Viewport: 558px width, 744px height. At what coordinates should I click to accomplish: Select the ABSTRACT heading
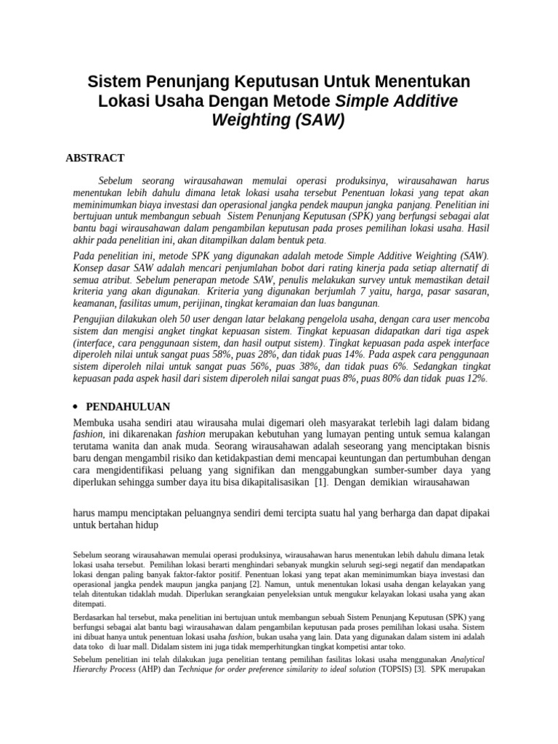(x=95, y=158)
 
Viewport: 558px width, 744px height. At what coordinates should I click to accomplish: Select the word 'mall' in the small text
(x=163, y=646)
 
